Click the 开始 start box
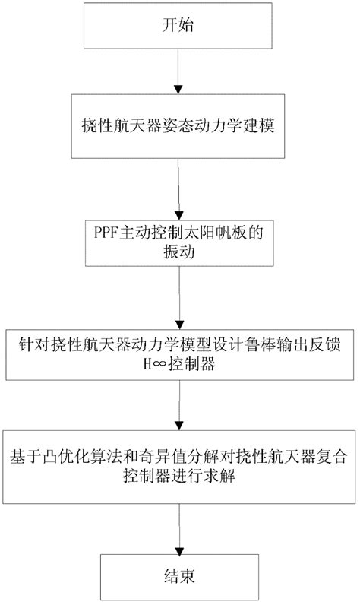click(x=178, y=26)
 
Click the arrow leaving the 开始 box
click(x=178, y=69)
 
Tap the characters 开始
click(x=178, y=26)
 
